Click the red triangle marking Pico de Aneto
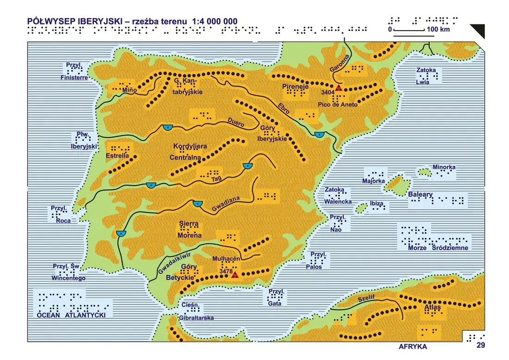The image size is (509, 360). point(339,88)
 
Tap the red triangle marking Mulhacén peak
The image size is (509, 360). point(235,275)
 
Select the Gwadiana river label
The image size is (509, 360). point(226,204)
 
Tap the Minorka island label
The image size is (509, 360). point(444,167)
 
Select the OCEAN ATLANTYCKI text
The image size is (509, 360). point(72,315)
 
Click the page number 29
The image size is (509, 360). point(480,345)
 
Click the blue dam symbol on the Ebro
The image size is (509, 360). point(319,135)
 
